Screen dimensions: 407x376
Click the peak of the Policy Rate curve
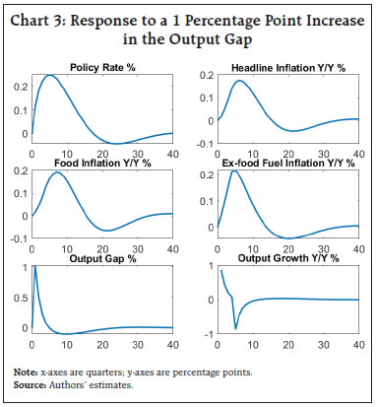[x=50, y=76]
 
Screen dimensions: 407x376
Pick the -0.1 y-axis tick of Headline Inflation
[x=203, y=148]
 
